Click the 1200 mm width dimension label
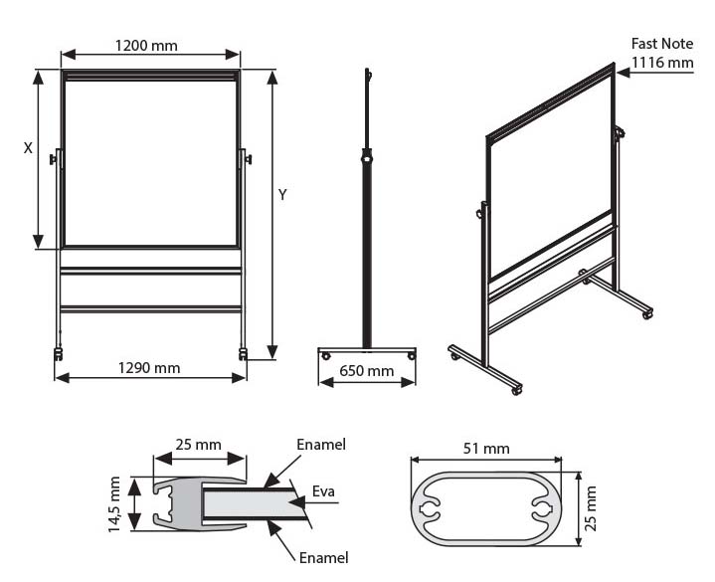[146, 46]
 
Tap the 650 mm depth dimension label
[366, 372]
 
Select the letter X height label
[28, 148]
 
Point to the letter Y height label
[282, 196]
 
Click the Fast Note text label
[662, 44]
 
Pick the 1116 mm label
[662, 63]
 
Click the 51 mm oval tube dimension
[487, 449]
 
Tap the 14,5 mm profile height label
[114, 504]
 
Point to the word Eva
[323, 491]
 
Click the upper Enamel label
[321, 445]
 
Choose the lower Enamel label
[323, 558]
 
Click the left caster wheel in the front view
[58, 353]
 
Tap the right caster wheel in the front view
[244, 352]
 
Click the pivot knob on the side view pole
[367, 157]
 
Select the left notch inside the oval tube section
[430, 508]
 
